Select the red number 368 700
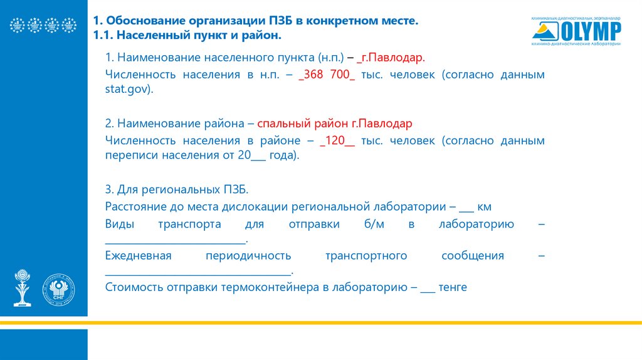327,75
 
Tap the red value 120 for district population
337,140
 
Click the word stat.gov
127,90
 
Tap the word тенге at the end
453,287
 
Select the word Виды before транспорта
119,224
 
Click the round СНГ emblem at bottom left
58,290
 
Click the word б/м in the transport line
371,224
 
